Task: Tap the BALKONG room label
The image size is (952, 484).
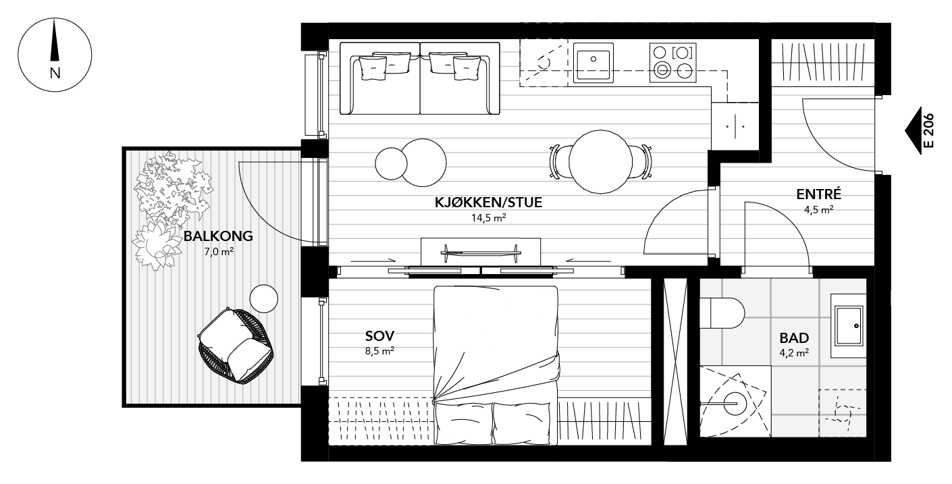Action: (218, 236)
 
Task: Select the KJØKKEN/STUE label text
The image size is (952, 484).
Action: (489, 203)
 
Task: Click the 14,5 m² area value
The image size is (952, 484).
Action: (489, 218)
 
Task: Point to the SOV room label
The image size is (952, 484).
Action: (379, 335)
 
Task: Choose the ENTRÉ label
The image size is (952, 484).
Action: (818, 194)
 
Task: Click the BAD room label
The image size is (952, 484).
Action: (794, 338)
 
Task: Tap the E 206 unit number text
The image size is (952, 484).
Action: (928, 131)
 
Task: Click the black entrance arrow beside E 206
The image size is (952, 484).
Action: (913, 131)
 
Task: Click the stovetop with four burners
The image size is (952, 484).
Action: (672, 62)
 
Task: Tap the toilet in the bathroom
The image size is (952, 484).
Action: (721, 313)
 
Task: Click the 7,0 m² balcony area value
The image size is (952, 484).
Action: (218, 252)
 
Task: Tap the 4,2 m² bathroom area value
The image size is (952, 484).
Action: (794, 352)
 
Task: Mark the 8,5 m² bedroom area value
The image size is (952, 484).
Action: (379, 350)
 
